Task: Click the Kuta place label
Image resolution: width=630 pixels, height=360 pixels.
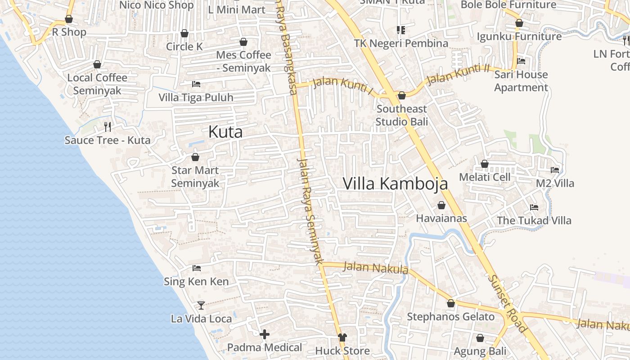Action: click(x=225, y=132)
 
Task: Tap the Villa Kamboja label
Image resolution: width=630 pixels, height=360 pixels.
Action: click(x=395, y=184)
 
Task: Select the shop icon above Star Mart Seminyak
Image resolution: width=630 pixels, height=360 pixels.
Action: click(x=195, y=157)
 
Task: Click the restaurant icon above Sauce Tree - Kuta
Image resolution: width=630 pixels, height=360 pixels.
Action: click(x=107, y=126)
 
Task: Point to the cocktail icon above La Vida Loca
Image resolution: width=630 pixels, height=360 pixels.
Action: click(x=201, y=306)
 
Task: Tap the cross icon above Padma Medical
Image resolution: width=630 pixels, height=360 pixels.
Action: click(x=265, y=334)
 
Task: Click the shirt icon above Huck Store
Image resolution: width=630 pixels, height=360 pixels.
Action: click(x=342, y=337)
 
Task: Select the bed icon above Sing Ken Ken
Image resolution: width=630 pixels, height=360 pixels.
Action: click(x=197, y=268)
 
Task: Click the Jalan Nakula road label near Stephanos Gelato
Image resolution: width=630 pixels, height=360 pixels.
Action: click(x=376, y=268)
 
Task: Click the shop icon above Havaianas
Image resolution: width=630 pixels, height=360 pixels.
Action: click(x=441, y=205)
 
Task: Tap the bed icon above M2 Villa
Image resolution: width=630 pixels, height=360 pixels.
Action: click(x=555, y=170)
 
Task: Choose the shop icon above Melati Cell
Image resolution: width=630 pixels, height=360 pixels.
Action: click(x=485, y=164)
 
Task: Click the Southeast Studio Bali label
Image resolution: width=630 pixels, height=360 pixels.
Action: click(x=402, y=115)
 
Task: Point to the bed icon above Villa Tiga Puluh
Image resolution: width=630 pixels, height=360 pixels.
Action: click(x=196, y=84)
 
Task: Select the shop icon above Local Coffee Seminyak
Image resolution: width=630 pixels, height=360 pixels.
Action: click(x=97, y=64)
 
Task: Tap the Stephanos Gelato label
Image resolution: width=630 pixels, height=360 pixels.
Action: click(x=450, y=317)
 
